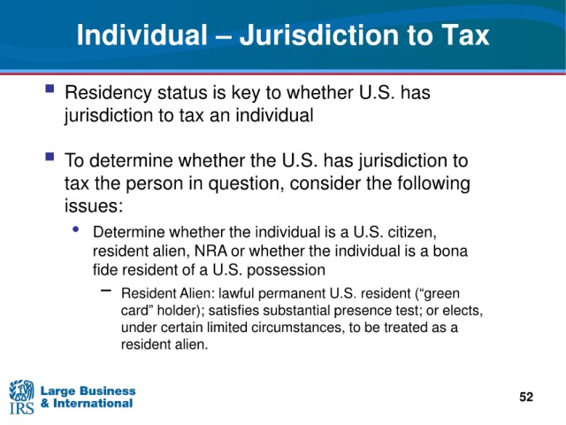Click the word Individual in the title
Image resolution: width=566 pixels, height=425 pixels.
click(141, 35)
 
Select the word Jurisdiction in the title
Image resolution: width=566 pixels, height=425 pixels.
click(318, 35)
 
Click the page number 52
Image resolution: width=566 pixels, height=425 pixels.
click(526, 397)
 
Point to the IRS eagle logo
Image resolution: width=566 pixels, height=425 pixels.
click(21, 397)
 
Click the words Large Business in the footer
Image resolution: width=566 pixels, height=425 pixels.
click(88, 390)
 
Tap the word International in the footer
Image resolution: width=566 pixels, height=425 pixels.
click(93, 403)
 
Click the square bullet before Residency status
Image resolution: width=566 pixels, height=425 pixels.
click(50, 89)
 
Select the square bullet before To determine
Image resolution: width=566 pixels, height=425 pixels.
click(50, 157)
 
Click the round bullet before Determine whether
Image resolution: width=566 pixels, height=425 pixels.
click(75, 228)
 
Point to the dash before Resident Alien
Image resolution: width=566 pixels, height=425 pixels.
click(106, 290)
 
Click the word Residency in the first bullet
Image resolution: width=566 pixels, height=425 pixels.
click(108, 93)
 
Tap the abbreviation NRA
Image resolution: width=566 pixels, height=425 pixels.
click(210, 251)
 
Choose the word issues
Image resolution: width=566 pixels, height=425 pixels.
click(94, 206)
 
